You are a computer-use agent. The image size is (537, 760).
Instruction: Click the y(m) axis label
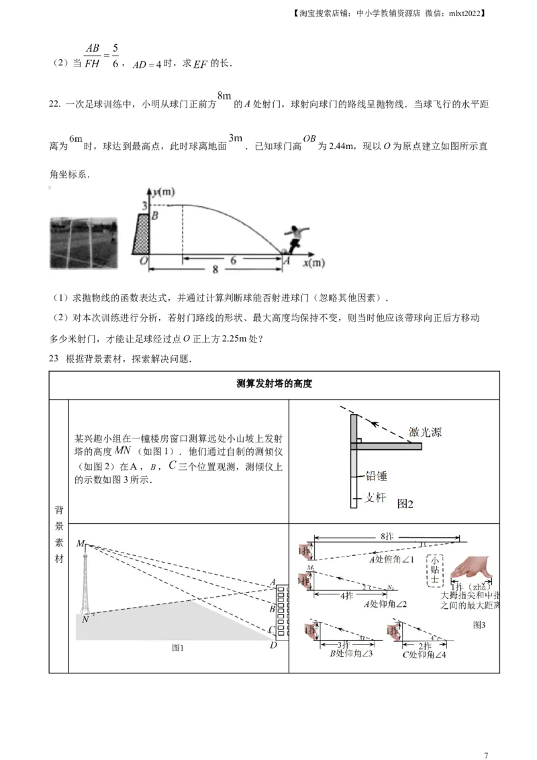pyautogui.click(x=161, y=193)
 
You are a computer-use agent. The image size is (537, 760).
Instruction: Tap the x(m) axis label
pyautogui.click(x=313, y=263)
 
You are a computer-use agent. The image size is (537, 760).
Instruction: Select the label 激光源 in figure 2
pyautogui.click(x=425, y=433)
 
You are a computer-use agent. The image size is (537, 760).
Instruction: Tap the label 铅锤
pyautogui.click(x=377, y=475)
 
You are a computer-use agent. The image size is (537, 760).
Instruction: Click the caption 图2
pyautogui.click(x=405, y=504)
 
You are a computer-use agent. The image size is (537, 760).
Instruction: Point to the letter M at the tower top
pyautogui.click(x=81, y=543)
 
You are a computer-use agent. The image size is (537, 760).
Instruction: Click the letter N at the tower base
pyautogui.click(x=85, y=620)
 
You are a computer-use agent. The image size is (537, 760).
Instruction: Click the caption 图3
pyautogui.click(x=479, y=624)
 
